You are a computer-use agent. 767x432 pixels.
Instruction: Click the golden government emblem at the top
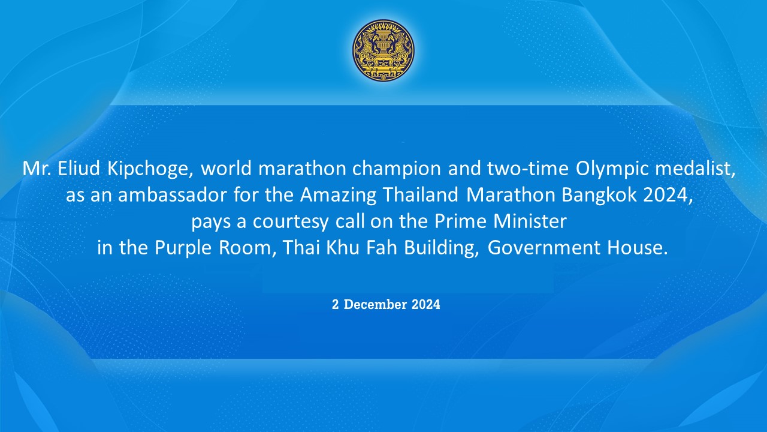[x=383, y=50]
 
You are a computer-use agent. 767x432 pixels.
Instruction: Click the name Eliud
[x=78, y=169]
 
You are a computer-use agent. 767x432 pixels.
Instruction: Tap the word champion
[x=397, y=169]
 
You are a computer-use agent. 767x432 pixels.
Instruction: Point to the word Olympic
[x=612, y=169]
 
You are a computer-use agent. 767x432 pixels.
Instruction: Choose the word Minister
[x=530, y=221]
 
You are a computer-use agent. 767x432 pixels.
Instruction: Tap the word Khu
[x=342, y=247]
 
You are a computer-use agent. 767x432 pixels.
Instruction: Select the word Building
[x=442, y=248]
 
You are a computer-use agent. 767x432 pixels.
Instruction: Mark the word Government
[x=543, y=248]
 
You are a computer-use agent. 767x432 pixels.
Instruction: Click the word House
[x=638, y=248]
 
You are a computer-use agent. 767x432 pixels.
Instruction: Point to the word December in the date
[x=375, y=304]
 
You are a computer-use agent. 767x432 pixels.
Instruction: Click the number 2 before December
[x=335, y=304]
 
